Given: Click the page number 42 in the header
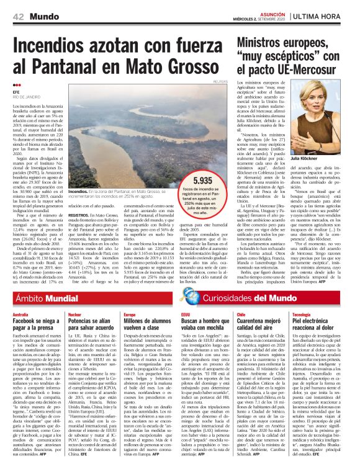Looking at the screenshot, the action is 18,16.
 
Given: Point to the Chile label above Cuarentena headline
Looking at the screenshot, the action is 241,315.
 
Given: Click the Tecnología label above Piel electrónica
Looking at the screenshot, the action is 302,315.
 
